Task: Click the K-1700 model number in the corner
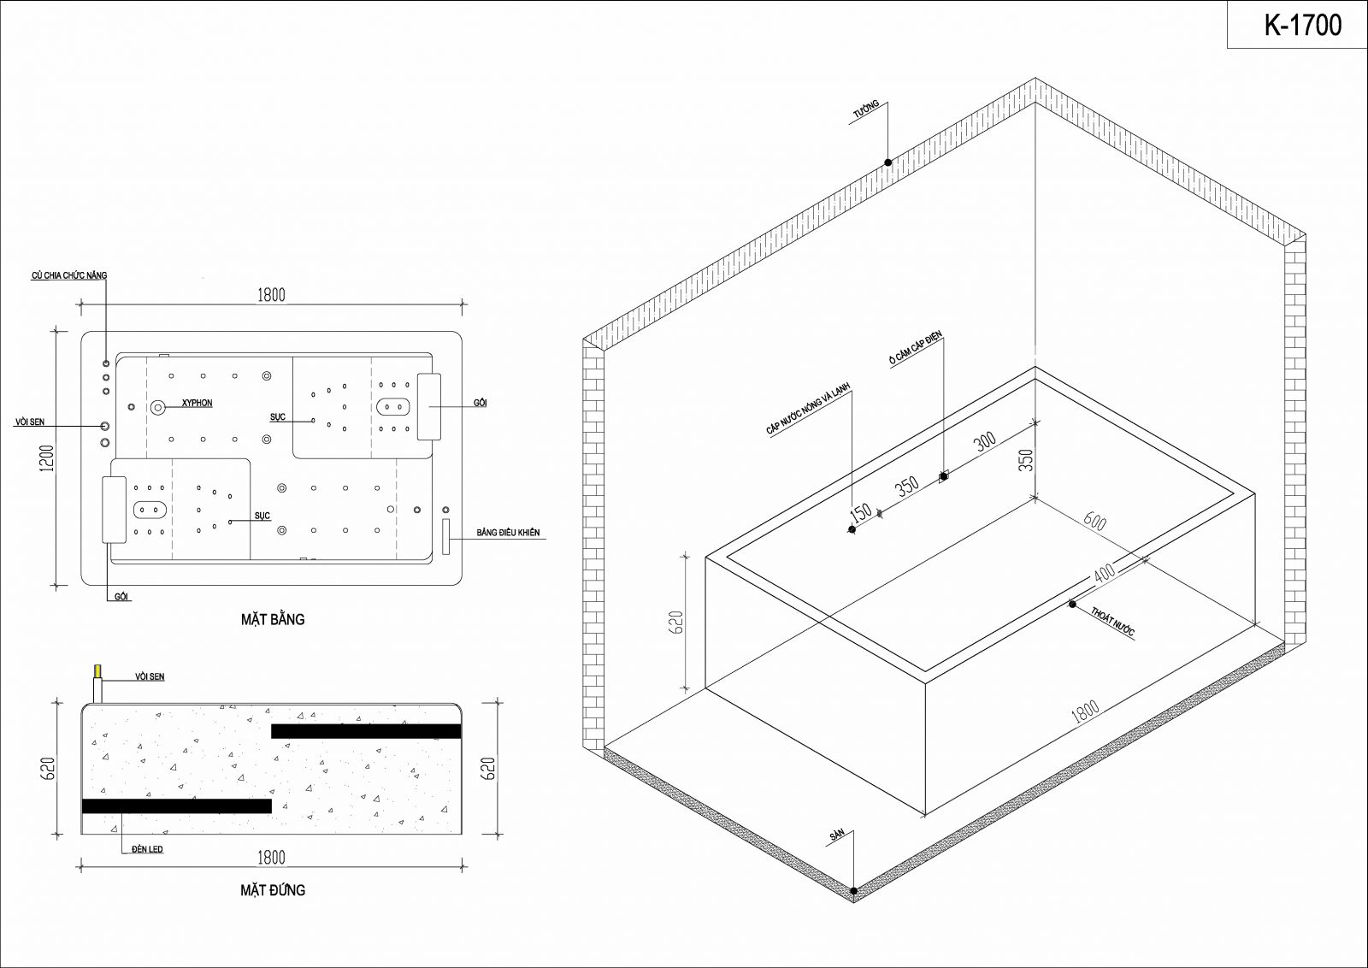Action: coord(1303,25)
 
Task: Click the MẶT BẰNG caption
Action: coord(273,619)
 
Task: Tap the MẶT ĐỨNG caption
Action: coord(273,890)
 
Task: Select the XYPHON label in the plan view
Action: coord(197,403)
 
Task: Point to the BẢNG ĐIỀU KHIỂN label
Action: coord(508,533)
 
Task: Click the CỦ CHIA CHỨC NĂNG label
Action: coord(69,275)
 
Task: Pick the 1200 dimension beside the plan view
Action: coord(49,458)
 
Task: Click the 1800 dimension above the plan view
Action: coord(271,295)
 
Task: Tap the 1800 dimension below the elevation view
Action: coord(271,858)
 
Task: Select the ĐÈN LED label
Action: coord(147,849)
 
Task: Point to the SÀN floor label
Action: coord(837,835)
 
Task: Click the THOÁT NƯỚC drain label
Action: coord(1112,622)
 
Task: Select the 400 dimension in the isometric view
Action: coord(1104,574)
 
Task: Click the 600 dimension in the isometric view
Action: coord(1094,521)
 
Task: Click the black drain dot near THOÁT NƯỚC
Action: coord(1072,604)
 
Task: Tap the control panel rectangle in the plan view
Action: coord(445,537)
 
